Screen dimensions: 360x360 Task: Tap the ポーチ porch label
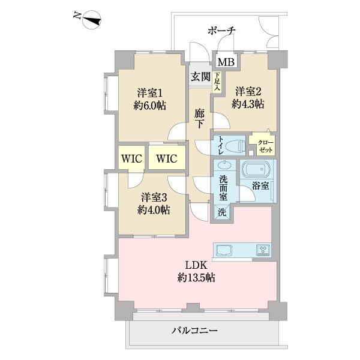[x=223, y=31]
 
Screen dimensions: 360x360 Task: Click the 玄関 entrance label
[x=200, y=76]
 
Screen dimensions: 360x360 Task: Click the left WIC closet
[x=132, y=158]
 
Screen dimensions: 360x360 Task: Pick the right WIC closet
[x=166, y=158]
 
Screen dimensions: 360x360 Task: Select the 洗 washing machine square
[x=221, y=212]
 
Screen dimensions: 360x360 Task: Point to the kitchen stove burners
[x=262, y=250]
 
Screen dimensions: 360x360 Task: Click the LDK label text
[x=196, y=265]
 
